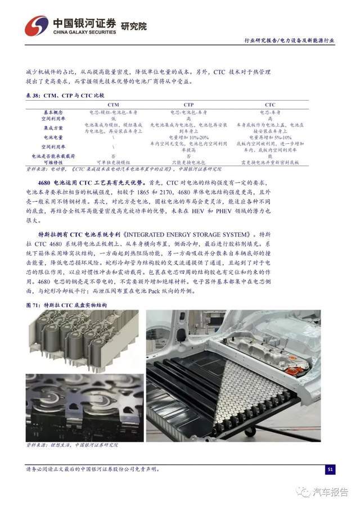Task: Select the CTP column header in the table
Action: coord(189,105)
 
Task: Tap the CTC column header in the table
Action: coord(270,105)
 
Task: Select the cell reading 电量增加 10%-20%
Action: coord(189,137)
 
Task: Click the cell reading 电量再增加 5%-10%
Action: coord(270,137)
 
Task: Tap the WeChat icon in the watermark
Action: coord(304,492)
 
